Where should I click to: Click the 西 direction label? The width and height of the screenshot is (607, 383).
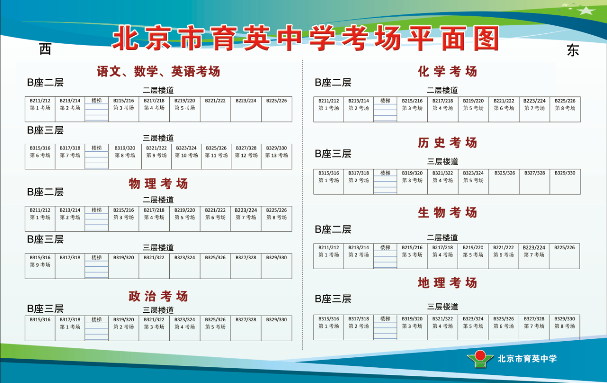point(45,49)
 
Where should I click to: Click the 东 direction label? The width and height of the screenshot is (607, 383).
point(573,50)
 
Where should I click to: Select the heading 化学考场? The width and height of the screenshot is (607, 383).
point(447,72)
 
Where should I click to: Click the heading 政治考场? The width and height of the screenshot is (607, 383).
point(158,296)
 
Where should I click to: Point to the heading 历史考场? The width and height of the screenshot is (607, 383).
point(447,143)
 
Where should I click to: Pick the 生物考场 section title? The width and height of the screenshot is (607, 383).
point(447,213)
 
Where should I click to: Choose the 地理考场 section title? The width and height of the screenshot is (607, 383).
point(447,283)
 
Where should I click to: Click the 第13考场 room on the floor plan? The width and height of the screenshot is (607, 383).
point(276,157)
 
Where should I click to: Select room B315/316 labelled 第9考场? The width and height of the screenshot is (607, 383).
point(40,266)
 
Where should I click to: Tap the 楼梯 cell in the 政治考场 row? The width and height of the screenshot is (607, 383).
point(96,328)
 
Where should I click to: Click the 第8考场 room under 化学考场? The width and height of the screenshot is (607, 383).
point(565,109)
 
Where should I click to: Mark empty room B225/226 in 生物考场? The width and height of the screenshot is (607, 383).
point(564,256)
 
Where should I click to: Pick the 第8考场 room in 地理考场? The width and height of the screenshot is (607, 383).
point(564,327)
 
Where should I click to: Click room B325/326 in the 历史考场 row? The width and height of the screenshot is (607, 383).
point(504,182)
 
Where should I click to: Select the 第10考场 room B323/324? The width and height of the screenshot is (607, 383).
point(186,157)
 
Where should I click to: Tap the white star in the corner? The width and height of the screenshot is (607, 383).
point(586,10)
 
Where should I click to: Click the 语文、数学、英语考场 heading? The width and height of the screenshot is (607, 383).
point(158,72)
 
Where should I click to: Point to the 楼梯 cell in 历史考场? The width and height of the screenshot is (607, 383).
point(385,182)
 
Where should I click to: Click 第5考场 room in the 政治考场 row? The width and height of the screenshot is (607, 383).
point(215,328)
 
